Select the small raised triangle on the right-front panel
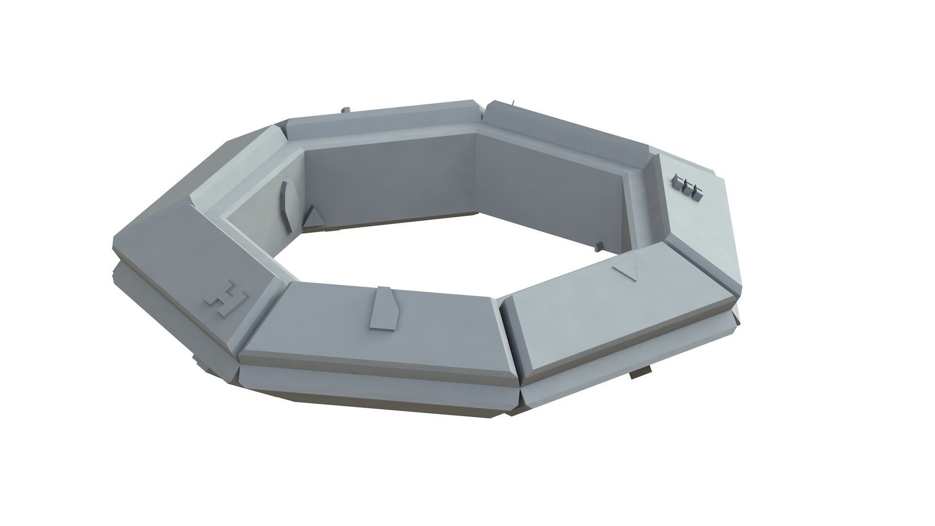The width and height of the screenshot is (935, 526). pyautogui.click(x=626, y=271)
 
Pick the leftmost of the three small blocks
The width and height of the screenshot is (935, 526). pyautogui.click(x=677, y=183)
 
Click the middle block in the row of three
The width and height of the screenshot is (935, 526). pyautogui.click(x=688, y=188)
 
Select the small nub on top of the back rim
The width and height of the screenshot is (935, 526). pyautogui.click(x=346, y=110)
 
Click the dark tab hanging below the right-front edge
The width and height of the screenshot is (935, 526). pyautogui.click(x=640, y=374)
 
